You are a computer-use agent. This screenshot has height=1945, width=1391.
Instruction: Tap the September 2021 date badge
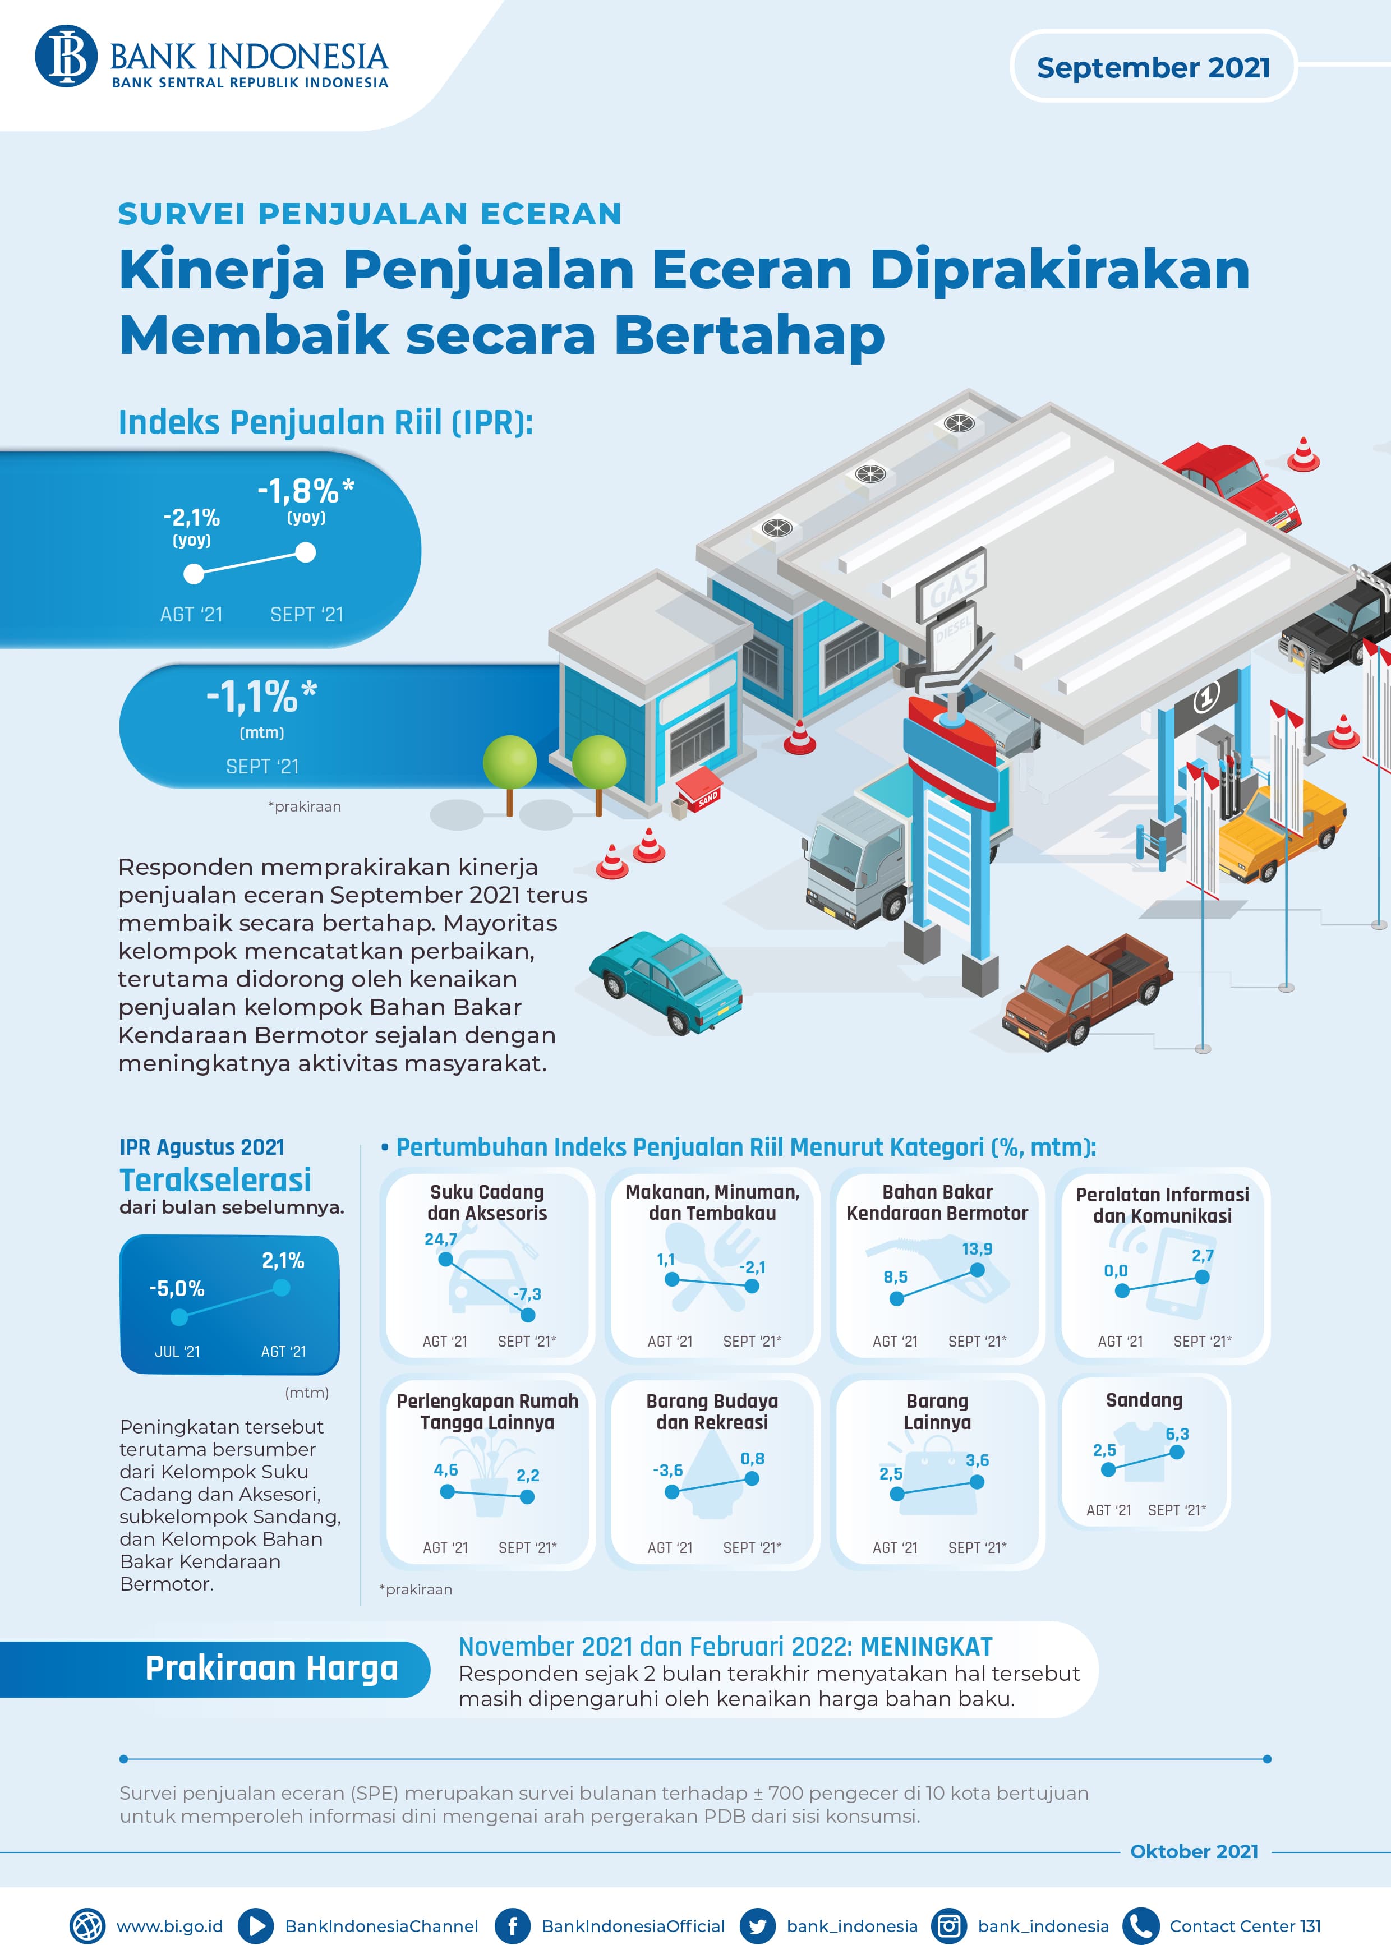point(1152,67)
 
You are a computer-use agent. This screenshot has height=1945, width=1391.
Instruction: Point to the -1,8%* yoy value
point(306,492)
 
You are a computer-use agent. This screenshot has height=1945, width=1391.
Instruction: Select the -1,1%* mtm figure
point(261,697)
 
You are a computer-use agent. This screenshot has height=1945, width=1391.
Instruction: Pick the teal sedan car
point(666,981)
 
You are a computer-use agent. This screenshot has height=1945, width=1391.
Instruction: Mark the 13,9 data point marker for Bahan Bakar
point(977,1270)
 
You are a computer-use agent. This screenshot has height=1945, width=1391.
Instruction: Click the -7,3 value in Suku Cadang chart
point(527,1294)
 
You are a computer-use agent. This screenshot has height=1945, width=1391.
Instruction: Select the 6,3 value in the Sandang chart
point(1177,1434)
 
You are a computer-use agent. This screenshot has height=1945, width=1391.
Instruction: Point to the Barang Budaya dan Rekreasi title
point(712,1412)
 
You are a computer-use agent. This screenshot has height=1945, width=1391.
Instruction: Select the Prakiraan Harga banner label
point(271,1669)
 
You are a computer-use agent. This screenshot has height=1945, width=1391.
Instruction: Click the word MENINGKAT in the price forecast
point(926,1647)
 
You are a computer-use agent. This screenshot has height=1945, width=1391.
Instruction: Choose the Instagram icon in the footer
point(948,1926)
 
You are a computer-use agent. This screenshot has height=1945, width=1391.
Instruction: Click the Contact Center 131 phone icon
point(1140,1926)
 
